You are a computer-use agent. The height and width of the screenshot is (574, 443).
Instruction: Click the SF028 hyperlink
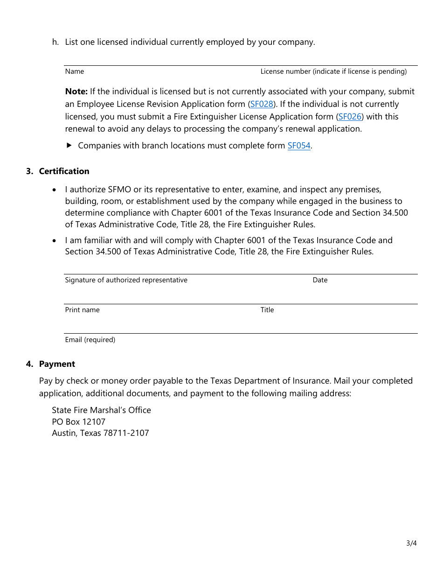point(262,104)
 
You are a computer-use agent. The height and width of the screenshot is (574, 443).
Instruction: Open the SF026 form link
point(350,117)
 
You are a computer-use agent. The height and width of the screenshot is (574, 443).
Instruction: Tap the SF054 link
point(299,146)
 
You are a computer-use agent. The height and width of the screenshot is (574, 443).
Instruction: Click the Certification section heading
point(64,171)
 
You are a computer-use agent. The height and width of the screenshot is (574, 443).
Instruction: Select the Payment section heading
point(57,364)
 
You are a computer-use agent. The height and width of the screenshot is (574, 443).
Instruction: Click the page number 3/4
point(411,543)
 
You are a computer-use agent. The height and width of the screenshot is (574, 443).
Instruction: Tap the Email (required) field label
point(90,340)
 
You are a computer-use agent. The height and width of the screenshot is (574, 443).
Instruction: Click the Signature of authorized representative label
point(126,280)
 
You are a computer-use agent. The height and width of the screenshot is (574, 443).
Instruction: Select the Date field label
point(320,280)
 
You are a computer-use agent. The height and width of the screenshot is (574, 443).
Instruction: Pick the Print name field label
point(82,310)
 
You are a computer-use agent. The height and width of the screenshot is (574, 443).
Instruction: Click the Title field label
point(267,310)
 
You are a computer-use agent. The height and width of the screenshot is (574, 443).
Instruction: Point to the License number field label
point(333,71)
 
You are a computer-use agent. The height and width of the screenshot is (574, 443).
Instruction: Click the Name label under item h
point(75,71)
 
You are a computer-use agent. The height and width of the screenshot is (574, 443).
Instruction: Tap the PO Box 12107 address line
point(79,421)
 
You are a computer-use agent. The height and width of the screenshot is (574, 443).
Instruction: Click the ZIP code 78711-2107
point(126,433)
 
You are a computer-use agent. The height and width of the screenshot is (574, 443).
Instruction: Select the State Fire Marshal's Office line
point(101,410)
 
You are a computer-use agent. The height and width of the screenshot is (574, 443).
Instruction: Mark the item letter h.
point(55,42)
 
